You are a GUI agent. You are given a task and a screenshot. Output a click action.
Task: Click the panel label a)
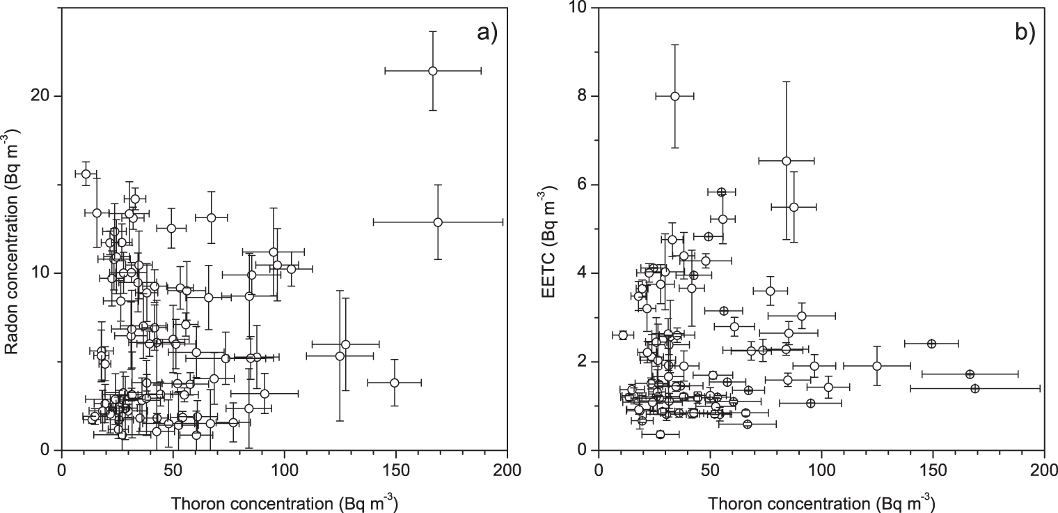pos(486,32)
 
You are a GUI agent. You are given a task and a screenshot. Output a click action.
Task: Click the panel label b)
pos(1024,32)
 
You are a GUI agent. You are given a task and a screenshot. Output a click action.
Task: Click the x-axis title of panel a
pos(284,500)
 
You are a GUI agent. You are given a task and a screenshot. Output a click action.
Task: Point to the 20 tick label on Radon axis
pos(43,96)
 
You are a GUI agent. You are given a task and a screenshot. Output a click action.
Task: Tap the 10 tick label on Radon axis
pos(43,273)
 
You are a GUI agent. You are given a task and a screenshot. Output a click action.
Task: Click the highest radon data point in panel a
pos(432,70)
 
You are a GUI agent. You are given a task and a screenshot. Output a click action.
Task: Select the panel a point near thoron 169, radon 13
pos(438,222)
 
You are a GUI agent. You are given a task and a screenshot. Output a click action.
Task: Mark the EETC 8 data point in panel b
pos(674,96)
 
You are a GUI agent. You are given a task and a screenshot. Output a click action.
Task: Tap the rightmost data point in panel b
pos(974,388)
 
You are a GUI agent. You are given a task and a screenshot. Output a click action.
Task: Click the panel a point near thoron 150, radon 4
pos(395,383)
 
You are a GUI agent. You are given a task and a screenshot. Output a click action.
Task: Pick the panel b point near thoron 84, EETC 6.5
pos(787,160)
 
